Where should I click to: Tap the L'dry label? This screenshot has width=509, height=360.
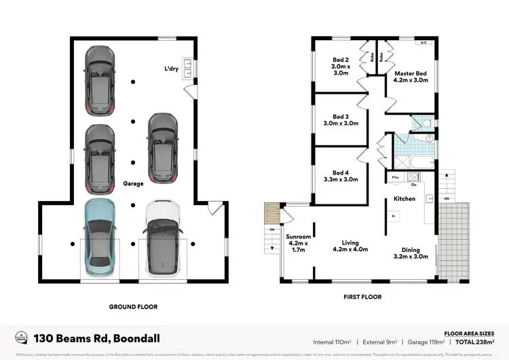pyautogui.click(x=172, y=69)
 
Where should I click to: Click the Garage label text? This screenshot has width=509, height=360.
pyautogui.click(x=133, y=183)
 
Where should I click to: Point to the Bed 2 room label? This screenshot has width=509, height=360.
pyautogui.click(x=341, y=67)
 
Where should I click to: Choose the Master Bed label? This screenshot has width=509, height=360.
pyautogui.click(x=411, y=77)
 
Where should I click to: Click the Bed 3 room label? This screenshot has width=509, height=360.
pyautogui.click(x=341, y=120)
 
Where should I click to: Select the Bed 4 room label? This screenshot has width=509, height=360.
pyautogui.click(x=341, y=176)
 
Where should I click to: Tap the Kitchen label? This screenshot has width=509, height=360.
pyautogui.click(x=404, y=199)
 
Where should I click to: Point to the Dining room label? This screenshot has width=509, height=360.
pyautogui.click(x=411, y=253)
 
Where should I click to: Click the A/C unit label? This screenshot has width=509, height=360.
pyautogui.click(x=423, y=43)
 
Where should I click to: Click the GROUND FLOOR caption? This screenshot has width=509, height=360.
pyautogui.click(x=134, y=307)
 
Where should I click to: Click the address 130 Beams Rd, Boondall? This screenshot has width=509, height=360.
pyautogui.click(x=96, y=338)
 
